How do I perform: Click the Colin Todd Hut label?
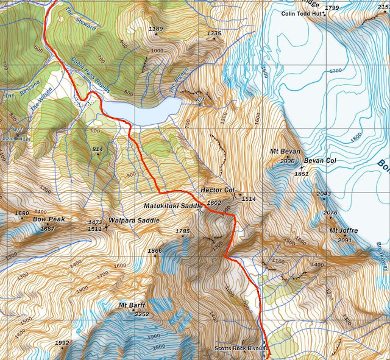coord(304,14)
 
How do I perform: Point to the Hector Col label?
coord(218,190)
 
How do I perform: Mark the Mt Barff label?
coord(130,305)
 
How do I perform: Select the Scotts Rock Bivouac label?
coord(241,349)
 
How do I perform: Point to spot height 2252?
coord(141,314)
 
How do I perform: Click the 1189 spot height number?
coord(156,29)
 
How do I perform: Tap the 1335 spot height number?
coord(213,34)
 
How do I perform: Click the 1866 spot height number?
coord(155,251)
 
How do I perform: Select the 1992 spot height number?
coord(62,344)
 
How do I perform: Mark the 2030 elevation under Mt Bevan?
coord(287,161)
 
